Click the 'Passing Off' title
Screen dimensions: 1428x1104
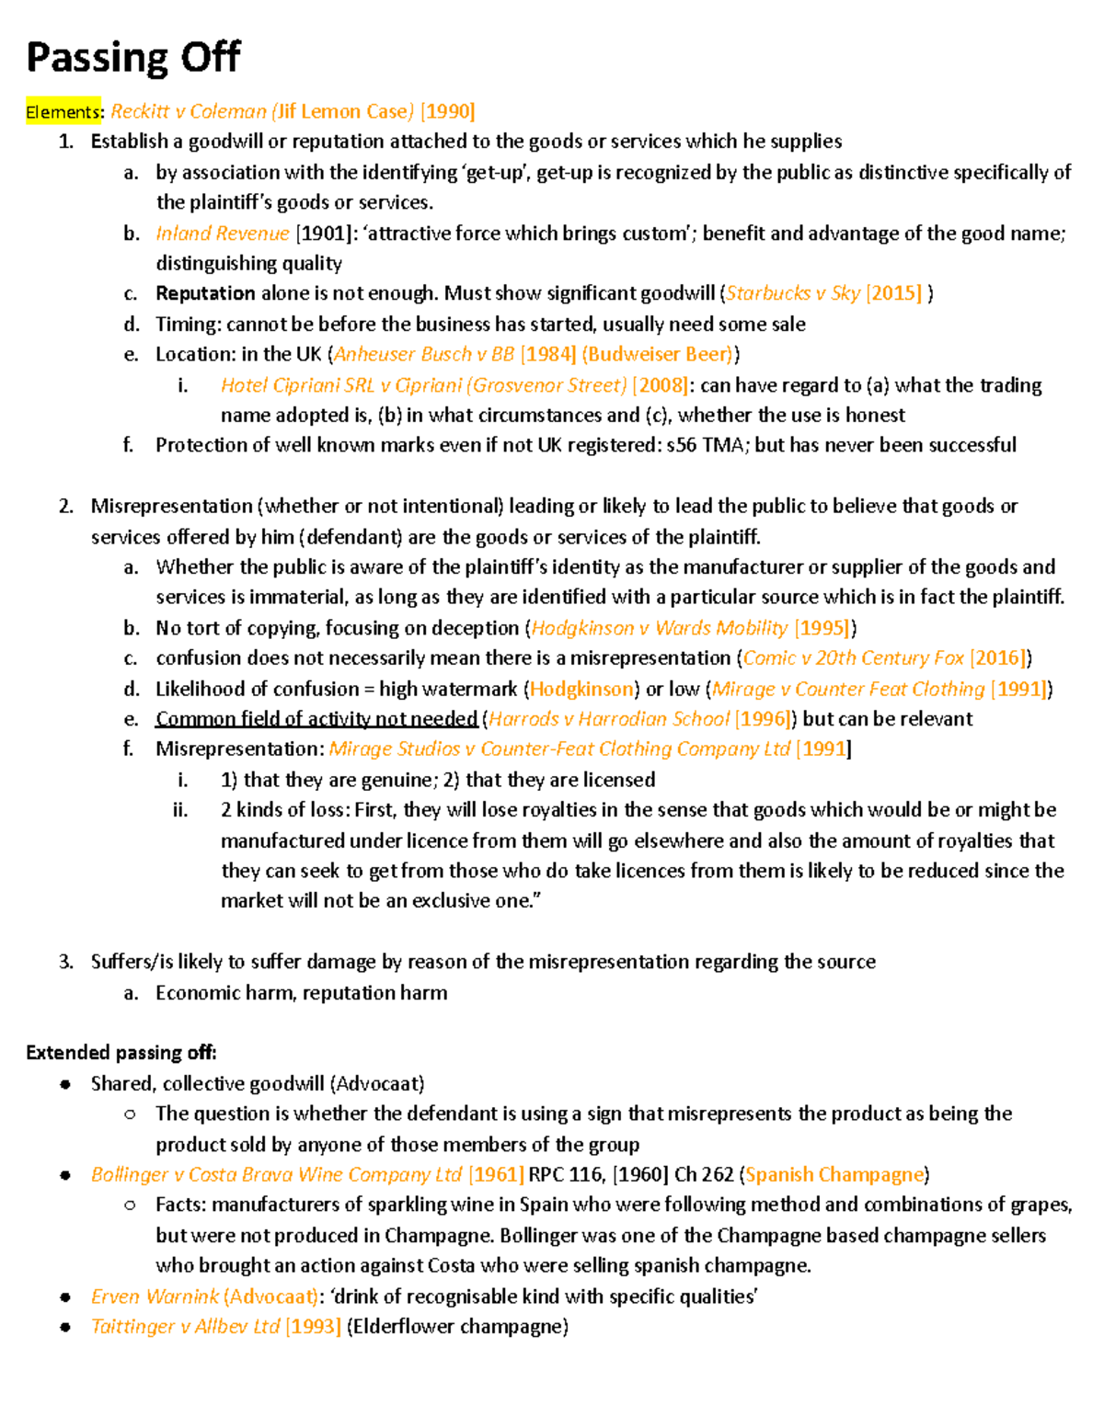pos(132,58)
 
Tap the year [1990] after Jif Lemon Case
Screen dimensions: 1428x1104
pos(447,112)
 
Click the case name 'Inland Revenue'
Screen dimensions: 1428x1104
pos(222,234)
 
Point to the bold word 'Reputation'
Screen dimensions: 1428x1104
pos(205,293)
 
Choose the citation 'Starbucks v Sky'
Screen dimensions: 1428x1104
pos(793,293)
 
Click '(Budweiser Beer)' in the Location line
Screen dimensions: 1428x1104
pos(658,354)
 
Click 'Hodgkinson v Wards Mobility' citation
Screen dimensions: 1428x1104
pos(659,628)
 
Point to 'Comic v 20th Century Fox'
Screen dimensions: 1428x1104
pos(853,658)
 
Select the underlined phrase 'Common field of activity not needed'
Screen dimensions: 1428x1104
pos(316,719)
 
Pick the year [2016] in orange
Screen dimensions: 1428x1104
pos(998,658)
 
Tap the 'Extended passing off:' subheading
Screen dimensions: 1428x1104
pos(121,1053)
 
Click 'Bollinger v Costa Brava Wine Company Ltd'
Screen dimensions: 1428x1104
pos(276,1175)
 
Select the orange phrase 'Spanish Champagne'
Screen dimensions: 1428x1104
pos(834,1175)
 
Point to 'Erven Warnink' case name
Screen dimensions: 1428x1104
pos(155,1297)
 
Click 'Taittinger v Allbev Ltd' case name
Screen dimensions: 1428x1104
pos(185,1327)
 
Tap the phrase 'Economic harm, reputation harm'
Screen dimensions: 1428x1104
pos(301,993)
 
